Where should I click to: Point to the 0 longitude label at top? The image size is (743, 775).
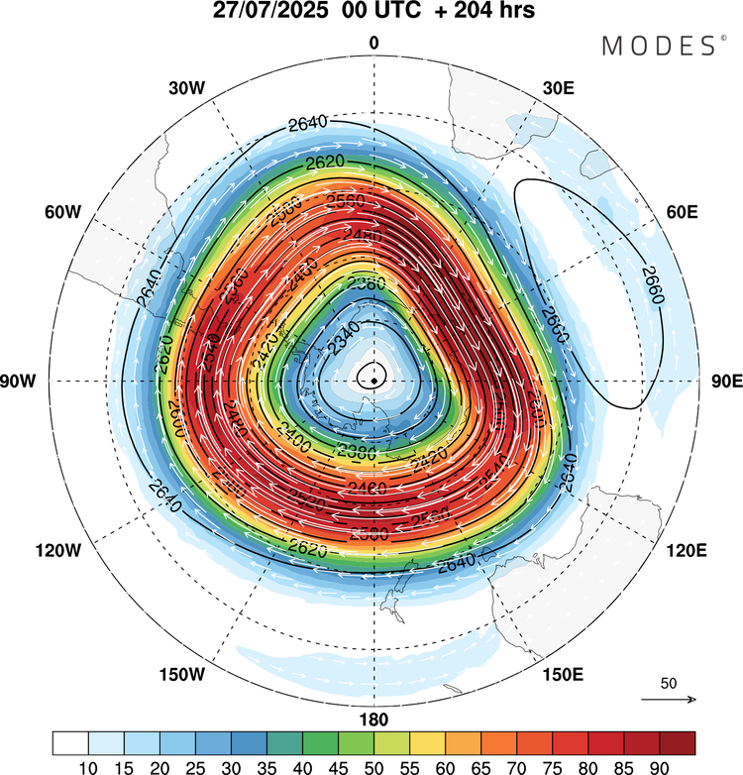click(373, 43)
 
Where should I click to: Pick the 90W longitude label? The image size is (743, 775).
click(21, 382)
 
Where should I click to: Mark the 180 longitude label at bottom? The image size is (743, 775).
click(373, 720)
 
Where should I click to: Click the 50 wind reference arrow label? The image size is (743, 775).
click(669, 684)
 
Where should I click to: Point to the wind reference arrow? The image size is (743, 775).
click(669, 700)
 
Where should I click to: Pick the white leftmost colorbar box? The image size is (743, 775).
click(70, 742)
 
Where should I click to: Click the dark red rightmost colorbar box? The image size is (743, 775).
click(677, 742)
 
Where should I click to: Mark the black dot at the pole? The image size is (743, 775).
click(373, 378)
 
